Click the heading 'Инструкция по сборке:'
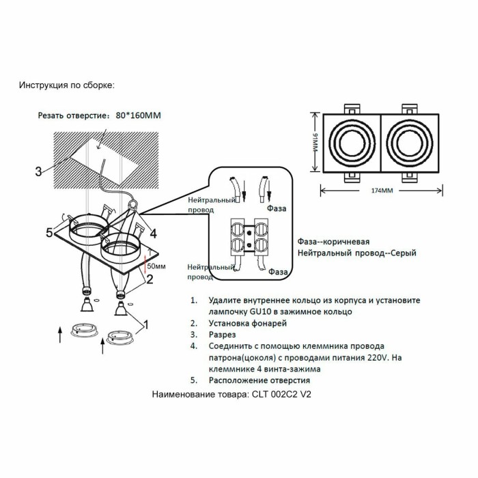pyautogui.click(x=67, y=85)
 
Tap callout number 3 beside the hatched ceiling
pyautogui.click(x=39, y=170)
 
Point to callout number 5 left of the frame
pyautogui.click(x=49, y=233)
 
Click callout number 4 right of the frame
pyautogui.click(x=154, y=233)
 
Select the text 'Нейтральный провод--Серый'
pyautogui.click(x=356, y=253)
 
